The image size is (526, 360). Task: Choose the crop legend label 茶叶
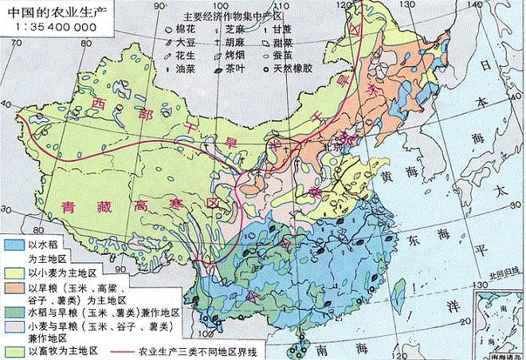236,68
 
